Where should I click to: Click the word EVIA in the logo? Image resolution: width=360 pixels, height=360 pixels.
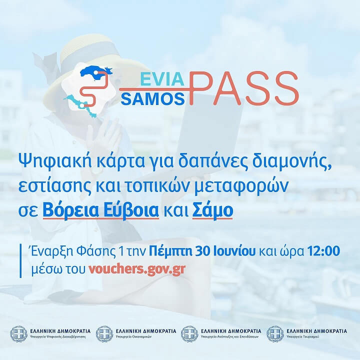[x=162, y=79]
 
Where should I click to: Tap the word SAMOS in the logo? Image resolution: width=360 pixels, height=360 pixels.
[x=152, y=99]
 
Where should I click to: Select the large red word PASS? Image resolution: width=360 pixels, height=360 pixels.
[x=244, y=88]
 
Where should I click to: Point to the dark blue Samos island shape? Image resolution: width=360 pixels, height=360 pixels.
[x=95, y=72]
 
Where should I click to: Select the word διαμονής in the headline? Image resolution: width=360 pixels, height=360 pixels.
[x=292, y=161]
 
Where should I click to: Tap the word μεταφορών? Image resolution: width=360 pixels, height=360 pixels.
[x=241, y=186]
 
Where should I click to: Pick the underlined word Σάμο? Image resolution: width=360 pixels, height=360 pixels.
[x=212, y=210]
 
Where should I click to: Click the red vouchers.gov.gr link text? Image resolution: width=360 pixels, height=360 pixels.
[x=137, y=269]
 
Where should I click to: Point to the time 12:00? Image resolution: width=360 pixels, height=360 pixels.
[x=323, y=251]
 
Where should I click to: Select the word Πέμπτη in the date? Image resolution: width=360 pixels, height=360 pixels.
[x=170, y=251]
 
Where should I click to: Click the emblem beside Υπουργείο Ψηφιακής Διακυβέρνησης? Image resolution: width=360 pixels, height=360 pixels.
[x=19, y=334]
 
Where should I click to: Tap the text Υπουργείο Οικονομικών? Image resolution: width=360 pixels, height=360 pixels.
[x=133, y=337]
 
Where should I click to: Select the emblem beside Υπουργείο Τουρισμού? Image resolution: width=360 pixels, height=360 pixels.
[x=275, y=334]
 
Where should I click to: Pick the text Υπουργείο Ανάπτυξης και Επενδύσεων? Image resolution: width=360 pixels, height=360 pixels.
[x=229, y=337]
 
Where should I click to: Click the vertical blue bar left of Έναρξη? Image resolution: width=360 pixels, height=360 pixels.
[x=20, y=261]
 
